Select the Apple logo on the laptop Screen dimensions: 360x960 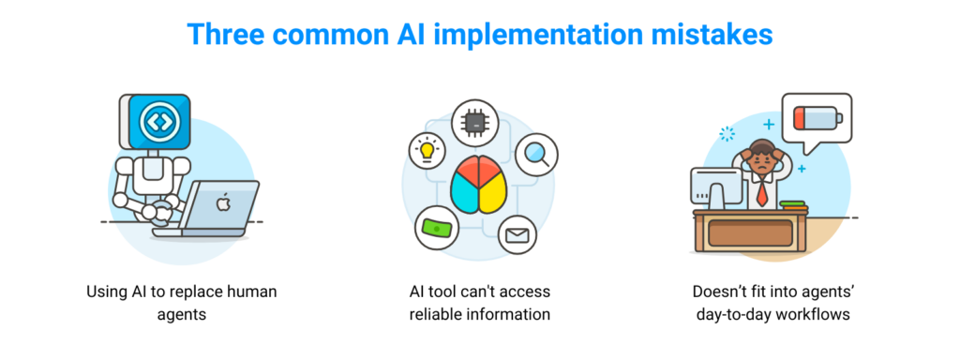[x=222, y=202]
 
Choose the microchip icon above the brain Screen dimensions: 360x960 [x=474, y=123]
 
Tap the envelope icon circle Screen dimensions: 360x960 [x=517, y=234]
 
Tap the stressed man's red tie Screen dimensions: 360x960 [x=763, y=193]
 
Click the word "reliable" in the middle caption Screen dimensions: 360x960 [x=438, y=314]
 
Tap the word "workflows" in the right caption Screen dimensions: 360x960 [x=808, y=314]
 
